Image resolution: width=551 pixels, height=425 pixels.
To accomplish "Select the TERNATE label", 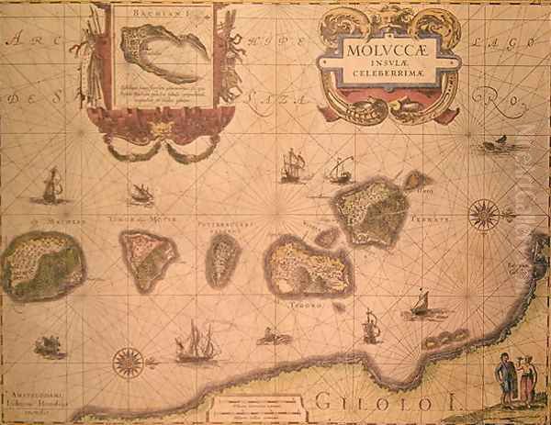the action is tap(433, 220).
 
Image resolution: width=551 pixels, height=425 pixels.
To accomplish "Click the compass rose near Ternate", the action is tap(483, 217).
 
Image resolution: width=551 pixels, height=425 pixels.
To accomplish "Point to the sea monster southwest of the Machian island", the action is tap(48, 347).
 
